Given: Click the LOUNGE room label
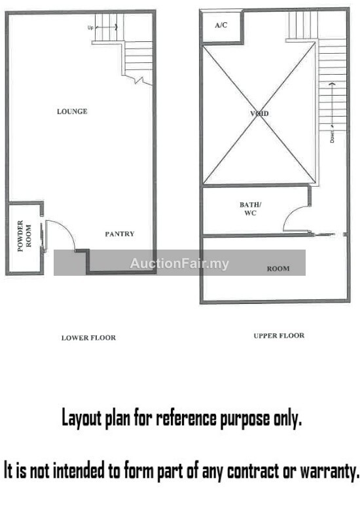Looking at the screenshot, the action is click(x=72, y=111).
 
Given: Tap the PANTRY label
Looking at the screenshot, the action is click(x=120, y=234).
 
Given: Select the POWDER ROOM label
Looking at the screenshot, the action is click(x=24, y=236).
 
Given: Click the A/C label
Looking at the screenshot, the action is click(x=221, y=25).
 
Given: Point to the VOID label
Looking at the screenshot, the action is click(x=259, y=113).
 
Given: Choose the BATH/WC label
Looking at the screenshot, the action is click(x=250, y=209).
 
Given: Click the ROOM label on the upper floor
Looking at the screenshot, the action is click(x=278, y=269).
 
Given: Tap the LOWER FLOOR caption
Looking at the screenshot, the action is click(x=88, y=338).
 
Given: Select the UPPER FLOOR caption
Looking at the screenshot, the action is click(x=279, y=335).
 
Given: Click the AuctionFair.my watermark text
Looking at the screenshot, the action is click(x=179, y=264).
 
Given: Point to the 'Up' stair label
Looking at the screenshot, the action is click(x=90, y=28).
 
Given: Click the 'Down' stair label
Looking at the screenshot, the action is click(x=332, y=137).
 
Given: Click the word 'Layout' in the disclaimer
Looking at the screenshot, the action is click(x=81, y=419).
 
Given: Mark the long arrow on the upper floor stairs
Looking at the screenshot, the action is click(x=332, y=105).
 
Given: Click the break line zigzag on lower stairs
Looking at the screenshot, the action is click(x=138, y=80).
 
